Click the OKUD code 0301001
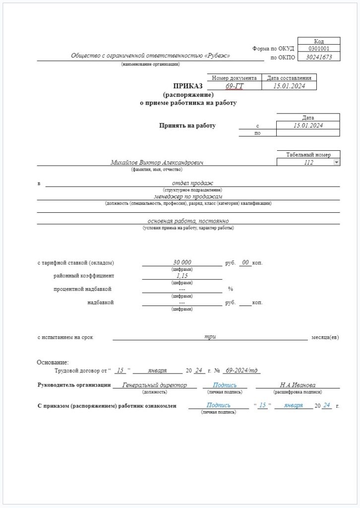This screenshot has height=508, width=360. (318, 49)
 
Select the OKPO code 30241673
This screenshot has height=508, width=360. (318, 57)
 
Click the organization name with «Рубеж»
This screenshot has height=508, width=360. (151, 56)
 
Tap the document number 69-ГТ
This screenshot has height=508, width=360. (235, 86)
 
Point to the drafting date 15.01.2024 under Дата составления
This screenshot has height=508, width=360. (289, 86)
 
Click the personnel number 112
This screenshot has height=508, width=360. (307, 162)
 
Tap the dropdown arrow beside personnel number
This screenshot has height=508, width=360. (336, 162)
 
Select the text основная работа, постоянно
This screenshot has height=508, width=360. (188, 221)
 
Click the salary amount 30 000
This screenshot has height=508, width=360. (182, 262)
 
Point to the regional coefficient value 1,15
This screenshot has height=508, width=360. (182, 275)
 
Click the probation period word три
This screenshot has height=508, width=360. (210, 337)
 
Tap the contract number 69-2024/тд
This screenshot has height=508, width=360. (241, 371)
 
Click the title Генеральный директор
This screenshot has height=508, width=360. (155, 385)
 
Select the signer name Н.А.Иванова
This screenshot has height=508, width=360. (298, 385)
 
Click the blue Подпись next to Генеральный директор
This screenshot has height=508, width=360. (224, 385)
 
